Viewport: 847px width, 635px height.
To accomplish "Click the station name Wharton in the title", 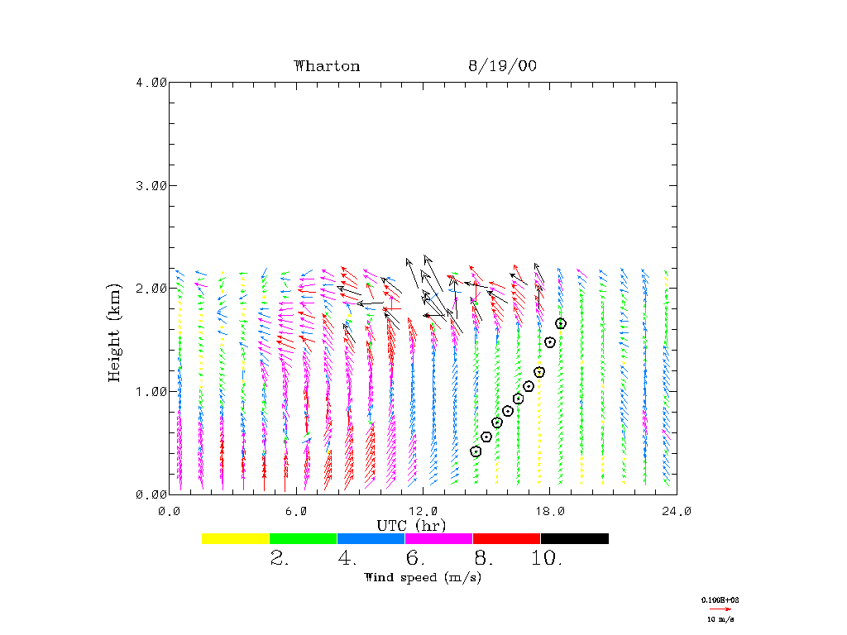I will (327, 66).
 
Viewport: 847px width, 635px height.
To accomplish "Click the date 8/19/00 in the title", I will (502, 66).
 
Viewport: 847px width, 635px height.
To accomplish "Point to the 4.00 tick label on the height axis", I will (151, 82).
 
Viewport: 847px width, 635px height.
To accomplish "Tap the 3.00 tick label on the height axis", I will (151, 185).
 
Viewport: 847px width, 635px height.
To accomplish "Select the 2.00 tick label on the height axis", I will (151, 288).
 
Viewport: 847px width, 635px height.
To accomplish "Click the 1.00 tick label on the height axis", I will (151, 391).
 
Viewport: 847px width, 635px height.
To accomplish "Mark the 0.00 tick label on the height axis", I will (151, 494).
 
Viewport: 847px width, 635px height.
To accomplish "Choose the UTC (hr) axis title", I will (411, 525).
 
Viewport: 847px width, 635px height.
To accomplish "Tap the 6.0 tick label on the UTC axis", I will (296, 511).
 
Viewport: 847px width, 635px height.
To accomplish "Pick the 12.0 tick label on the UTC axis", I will (423, 511).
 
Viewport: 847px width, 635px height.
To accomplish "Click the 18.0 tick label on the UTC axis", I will (550, 511).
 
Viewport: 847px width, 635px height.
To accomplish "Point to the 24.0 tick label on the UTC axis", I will (676, 511).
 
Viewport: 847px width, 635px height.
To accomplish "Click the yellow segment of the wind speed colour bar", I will (236, 538).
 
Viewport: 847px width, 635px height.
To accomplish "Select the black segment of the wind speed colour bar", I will (574, 538).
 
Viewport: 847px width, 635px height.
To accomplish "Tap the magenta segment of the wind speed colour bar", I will (438, 538).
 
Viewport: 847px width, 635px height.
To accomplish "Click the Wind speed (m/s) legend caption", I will (423, 577).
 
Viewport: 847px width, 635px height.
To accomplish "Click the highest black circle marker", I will (561, 323).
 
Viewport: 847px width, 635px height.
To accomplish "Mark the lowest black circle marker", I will (476, 451).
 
